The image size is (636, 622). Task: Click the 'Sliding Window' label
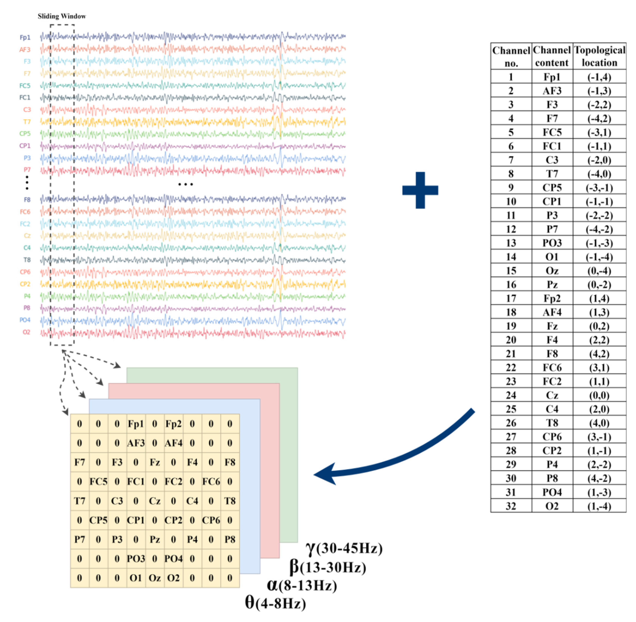coord(62,16)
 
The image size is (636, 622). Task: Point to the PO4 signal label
coord(25,320)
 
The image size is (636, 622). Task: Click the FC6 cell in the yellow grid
coord(211,482)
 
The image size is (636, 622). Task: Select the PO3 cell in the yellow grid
coord(136,559)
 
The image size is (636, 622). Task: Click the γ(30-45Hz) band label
coord(344,548)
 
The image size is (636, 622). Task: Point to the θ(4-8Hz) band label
coord(275,603)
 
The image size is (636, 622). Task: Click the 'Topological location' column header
coord(600,56)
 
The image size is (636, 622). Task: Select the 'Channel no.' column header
coord(511,56)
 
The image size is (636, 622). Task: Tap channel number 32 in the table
coord(511,506)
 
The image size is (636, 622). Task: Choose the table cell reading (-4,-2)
coord(600,229)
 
